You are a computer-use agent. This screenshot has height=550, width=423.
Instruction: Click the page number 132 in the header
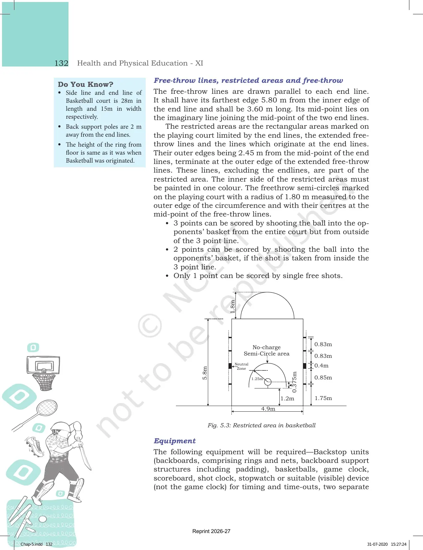coord(61,63)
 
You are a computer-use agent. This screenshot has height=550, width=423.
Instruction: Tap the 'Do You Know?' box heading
coord(85,84)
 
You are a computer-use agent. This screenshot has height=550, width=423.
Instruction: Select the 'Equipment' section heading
coord(174,441)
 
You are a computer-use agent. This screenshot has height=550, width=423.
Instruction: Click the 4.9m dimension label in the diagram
coord(268,409)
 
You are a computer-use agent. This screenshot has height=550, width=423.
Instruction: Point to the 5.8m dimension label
coord(205,373)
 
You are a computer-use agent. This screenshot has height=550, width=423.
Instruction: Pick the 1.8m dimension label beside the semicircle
coord(232,307)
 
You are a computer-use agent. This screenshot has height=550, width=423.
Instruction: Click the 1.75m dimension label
coord(323,398)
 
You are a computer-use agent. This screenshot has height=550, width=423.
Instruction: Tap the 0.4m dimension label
coord(321,365)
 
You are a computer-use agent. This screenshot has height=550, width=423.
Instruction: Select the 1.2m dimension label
coord(287,398)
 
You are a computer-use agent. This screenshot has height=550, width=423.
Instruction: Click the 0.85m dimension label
coord(323,377)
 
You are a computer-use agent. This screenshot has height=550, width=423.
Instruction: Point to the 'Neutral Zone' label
coord(241,366)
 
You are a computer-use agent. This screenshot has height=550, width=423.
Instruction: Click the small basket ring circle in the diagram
coord(268,382)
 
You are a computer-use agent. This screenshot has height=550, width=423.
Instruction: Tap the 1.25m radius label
coord(257,379)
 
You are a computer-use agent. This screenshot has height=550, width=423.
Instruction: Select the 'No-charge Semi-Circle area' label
coord(266,350)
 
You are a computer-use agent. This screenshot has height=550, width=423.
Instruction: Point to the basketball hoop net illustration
coord(44,382)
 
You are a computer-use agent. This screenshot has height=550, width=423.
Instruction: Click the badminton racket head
coord(47,408)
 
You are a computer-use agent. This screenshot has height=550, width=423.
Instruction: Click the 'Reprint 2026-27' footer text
coord(211,531)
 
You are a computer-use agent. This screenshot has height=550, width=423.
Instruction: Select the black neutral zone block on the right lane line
coord(305,366)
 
